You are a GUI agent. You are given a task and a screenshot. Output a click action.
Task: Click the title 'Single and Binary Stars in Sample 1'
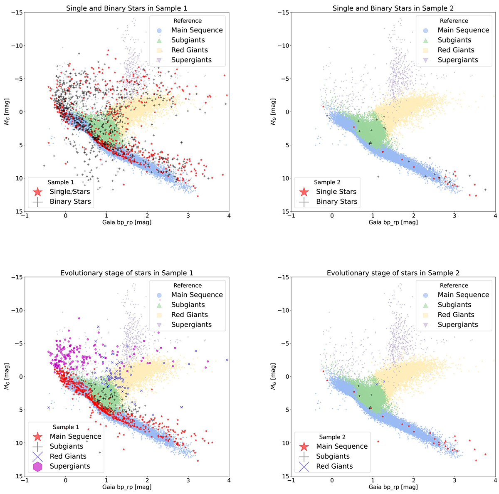pyautogui.click(x=127, y=8)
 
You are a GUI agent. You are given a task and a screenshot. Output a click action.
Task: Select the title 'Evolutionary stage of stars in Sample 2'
pyautogui.click(x=393, y=273)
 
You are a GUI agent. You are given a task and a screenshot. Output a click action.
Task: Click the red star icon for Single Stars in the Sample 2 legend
pyautogui.click(x=304, y=192)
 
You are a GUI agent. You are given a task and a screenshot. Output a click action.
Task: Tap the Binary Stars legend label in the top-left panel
pyautogui.click(x=70, y=202)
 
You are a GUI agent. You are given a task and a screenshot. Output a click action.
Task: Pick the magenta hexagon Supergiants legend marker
pyautogui.click(x=38, y=466)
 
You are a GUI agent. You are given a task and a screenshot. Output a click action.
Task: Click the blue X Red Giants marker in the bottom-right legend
pyautogui.click(x=304, y=466)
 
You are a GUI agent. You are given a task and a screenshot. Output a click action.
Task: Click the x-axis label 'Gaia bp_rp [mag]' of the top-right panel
pyautogui.click(x=393, y=222)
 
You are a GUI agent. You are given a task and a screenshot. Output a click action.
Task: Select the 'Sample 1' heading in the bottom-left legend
pyautogui.click(x=66, y=427)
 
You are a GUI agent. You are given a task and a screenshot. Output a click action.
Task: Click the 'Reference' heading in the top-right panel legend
pyautogui.click(x=454, y=21)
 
